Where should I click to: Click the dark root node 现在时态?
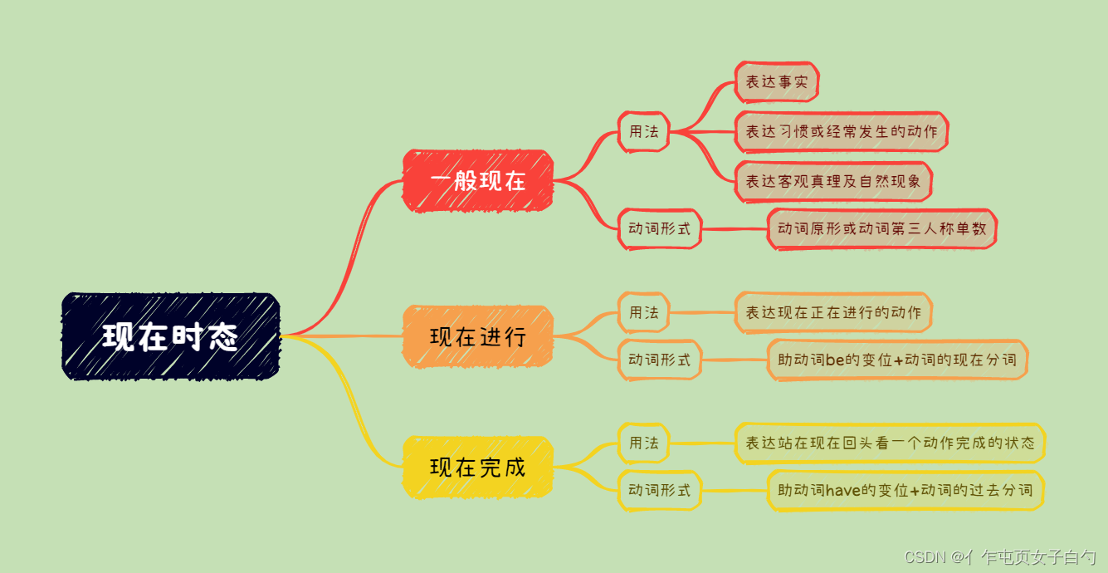171,336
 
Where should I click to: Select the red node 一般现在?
478,181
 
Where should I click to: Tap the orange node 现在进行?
478,336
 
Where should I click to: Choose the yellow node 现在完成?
478,467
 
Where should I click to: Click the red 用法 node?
643,131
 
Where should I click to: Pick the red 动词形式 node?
659,228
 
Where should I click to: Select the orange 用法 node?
643,312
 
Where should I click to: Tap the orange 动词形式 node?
659,360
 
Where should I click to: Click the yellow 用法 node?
643,443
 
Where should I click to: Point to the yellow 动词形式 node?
659,490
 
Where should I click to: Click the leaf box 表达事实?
776,82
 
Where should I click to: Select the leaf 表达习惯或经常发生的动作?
841,131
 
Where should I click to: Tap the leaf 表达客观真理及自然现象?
833,181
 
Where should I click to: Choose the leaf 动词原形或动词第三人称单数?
881,228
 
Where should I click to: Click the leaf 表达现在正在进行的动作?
833,312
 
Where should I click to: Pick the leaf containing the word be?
897,360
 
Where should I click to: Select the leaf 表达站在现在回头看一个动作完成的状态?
889,443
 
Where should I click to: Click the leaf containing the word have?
905,490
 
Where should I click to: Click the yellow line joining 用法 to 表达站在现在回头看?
702,443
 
